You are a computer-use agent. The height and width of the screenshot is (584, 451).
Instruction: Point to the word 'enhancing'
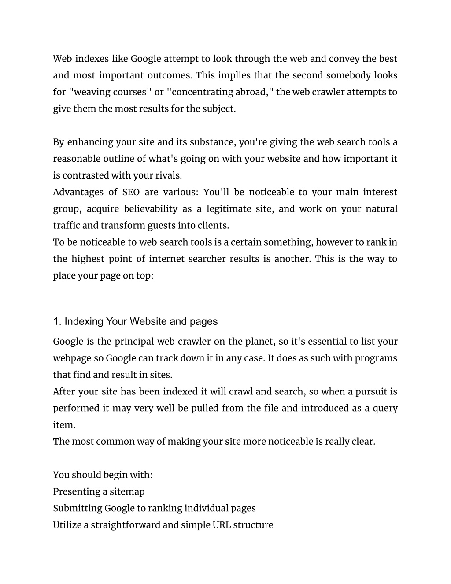89,142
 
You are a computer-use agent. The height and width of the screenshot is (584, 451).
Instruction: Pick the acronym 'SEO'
131,192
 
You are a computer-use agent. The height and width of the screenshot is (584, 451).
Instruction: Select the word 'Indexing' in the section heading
83,321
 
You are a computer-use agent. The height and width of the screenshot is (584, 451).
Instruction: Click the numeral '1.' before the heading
57,321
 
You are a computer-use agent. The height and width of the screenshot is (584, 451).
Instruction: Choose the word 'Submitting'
77,508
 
